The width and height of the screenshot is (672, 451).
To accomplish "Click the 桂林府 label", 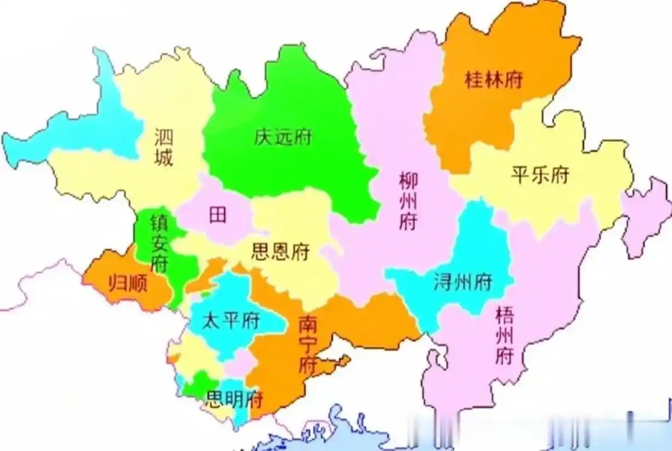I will coord(494,80).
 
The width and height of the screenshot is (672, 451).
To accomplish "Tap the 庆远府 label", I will coord(283,137).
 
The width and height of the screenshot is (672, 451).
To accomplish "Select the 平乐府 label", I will coord(540,175).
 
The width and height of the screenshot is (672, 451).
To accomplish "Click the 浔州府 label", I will coord(463,280).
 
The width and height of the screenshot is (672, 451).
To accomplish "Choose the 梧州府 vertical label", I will coord(504,336).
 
